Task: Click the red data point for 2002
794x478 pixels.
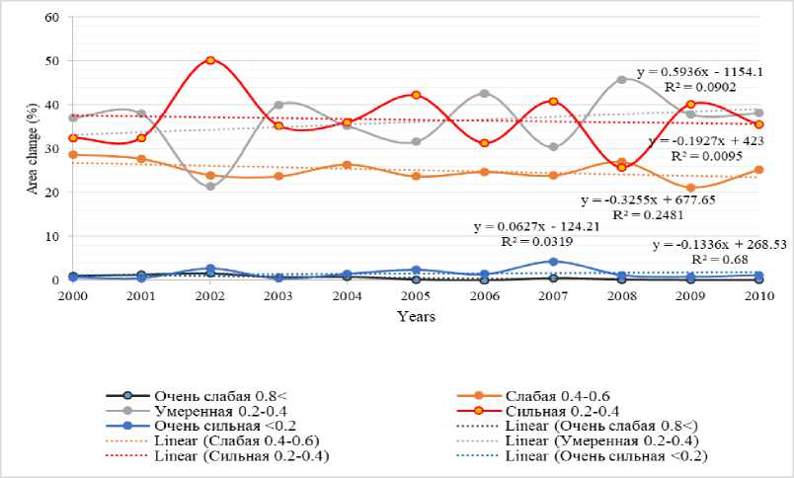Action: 210,60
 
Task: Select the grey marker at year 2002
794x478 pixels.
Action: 210,186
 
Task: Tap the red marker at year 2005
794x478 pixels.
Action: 417,95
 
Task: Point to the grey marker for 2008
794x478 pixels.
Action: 621,79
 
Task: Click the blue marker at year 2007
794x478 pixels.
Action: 553,262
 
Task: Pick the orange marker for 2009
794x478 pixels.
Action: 690,188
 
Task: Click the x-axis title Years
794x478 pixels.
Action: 416,317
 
